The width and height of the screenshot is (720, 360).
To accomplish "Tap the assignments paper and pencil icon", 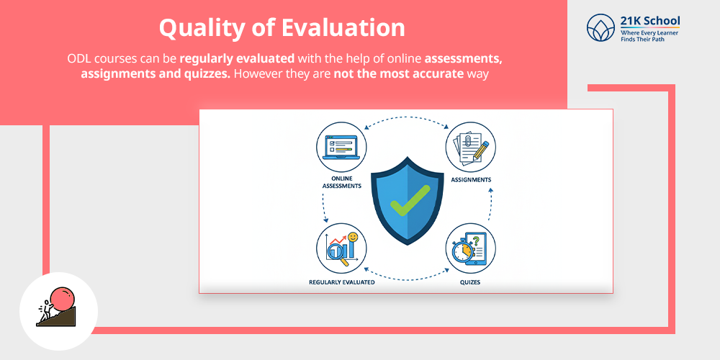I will pos(471,146).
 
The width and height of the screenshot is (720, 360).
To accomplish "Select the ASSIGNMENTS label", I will pos(471,179).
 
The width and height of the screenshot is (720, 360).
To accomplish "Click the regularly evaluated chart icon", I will pos(341,247).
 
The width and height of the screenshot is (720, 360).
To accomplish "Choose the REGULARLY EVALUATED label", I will pos(341,282).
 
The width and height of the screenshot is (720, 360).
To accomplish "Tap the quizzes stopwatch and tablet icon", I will pos(471,247).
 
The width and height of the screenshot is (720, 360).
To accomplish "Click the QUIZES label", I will pos(471,282).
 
